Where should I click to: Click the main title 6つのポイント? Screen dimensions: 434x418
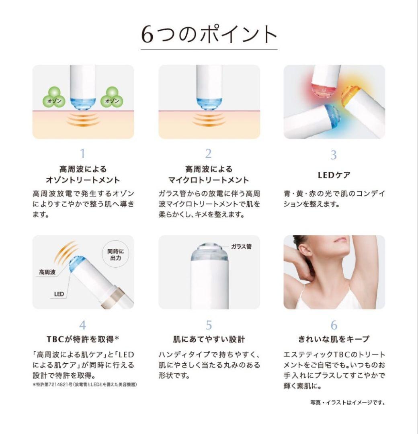point(209,35)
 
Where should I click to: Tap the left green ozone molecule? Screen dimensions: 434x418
point(54,98)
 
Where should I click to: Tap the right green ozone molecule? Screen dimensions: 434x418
point(112,98)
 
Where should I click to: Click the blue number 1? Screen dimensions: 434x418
point(82,154)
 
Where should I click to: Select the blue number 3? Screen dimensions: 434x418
point(334,155)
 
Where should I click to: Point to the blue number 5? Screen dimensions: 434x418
point(209,325)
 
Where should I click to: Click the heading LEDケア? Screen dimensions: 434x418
point(334,175)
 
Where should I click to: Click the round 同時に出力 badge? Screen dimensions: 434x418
point(115,255)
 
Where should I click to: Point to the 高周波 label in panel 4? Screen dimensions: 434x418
point(47,272)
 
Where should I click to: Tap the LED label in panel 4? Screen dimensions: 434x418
point(59,294)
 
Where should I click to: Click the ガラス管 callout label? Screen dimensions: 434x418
point(242,246)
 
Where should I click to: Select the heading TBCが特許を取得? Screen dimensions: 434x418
point(83,339)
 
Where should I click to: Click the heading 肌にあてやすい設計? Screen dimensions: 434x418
point(209,339)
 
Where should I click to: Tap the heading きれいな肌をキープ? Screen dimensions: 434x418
point(334,339)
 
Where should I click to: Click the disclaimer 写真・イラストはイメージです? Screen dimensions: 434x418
point(347,402)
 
